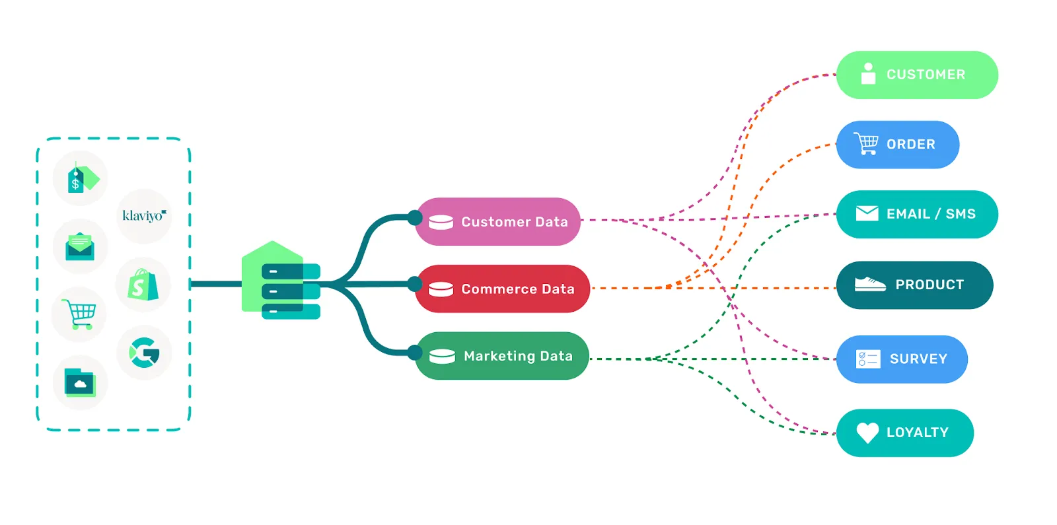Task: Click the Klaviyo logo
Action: [144, 216]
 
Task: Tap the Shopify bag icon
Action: [143, 285]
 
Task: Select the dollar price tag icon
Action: [81, 178]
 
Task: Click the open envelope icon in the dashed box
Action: [80, 246]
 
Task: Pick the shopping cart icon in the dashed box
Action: [79, 314]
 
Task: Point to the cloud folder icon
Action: [80, 382]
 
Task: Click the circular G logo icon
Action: [144, 353]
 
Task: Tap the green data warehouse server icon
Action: [281, 282]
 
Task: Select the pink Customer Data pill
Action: [498, 222]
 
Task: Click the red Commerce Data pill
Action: [502, 289]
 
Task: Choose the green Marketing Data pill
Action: [502, 356]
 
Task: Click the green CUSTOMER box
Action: [917, 75]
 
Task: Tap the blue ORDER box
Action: [897, 145]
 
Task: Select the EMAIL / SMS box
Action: [917, 215]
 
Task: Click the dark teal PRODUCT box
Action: [914, 285]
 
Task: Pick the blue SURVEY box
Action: [902, 359]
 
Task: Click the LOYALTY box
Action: [904, 433]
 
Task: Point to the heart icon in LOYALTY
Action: [867, 433]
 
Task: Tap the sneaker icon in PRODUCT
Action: [870, 285]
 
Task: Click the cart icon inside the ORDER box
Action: [866, 143]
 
